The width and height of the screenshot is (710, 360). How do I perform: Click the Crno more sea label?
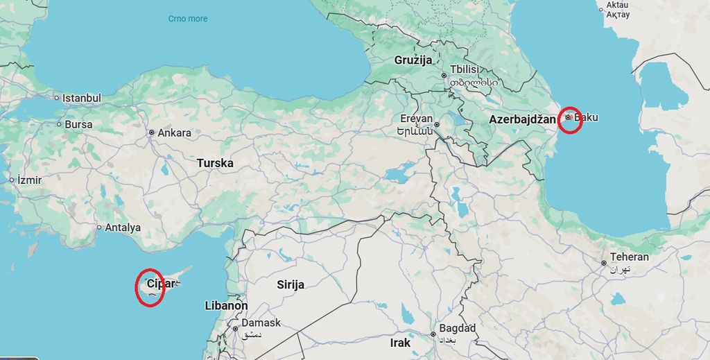tap(188, 19)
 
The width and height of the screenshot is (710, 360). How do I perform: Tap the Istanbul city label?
tap(81, 98)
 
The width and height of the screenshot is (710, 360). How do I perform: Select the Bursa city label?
tap(78, 125)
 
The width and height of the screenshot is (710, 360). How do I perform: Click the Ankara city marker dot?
tap(151, 132)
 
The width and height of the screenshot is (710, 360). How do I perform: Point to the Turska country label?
tap(215, 163)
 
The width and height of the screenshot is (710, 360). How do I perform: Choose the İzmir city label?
tap(29, 180)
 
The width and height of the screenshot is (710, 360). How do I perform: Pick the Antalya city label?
tap(122, 228)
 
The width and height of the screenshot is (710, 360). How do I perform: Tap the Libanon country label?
tap(226, 305)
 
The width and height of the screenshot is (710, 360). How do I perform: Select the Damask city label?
tap(261, 323)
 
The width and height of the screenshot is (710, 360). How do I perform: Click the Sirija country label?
tap(291, 284)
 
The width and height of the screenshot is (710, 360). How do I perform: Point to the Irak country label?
tap(400, 343)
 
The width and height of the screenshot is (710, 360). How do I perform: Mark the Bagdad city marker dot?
tap(433, 334)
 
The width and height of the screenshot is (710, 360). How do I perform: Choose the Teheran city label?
tap(630, 257)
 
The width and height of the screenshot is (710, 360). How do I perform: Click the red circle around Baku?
tap(569, 120)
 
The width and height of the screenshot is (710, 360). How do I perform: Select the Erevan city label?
tap(416, 118)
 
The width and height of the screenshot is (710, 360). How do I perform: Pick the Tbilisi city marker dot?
tap(444, 76)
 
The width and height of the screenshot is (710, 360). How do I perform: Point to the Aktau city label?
tap(617, 6)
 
